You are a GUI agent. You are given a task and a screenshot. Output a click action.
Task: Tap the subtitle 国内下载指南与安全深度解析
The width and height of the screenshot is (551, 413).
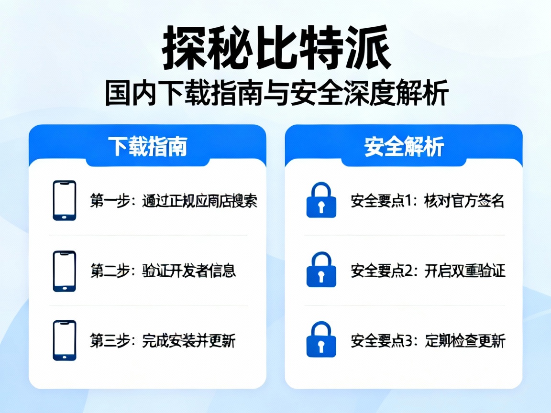pos(276,93)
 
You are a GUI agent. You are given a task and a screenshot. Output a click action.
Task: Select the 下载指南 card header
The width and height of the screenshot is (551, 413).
pos(147,147)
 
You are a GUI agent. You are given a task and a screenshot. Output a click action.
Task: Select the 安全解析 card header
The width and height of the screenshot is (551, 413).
pos(404,147)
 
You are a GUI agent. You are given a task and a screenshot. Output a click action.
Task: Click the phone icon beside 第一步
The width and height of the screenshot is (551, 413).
pos(64,200)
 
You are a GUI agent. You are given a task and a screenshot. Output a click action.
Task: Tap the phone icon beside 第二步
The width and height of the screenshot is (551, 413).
pos(64,271)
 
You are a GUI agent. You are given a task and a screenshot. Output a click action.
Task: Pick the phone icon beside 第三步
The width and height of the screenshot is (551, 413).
pos(64,340)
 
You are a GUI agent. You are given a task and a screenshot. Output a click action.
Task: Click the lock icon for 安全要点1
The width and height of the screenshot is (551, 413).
pos(321,200)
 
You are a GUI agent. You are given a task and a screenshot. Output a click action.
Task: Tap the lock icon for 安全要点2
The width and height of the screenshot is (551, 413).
pos(321,271)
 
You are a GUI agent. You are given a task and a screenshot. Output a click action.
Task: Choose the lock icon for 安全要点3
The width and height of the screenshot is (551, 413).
pos(321,340)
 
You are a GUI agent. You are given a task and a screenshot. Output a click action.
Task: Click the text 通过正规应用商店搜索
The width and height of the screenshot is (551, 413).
pos(200,201)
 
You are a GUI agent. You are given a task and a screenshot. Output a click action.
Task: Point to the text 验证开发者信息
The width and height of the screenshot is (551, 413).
pos(189,271)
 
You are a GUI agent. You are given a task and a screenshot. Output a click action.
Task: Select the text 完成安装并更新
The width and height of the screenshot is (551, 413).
pos(189,341)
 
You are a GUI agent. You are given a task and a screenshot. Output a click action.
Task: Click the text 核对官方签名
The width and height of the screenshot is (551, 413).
pos(464,201)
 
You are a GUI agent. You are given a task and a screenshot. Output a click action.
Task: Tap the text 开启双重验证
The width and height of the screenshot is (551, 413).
pos(464,271)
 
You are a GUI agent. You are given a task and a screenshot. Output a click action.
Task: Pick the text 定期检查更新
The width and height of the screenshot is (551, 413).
pos(464,341)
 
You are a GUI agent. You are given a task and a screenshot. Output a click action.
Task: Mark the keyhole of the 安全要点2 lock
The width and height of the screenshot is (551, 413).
pos(321,275)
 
